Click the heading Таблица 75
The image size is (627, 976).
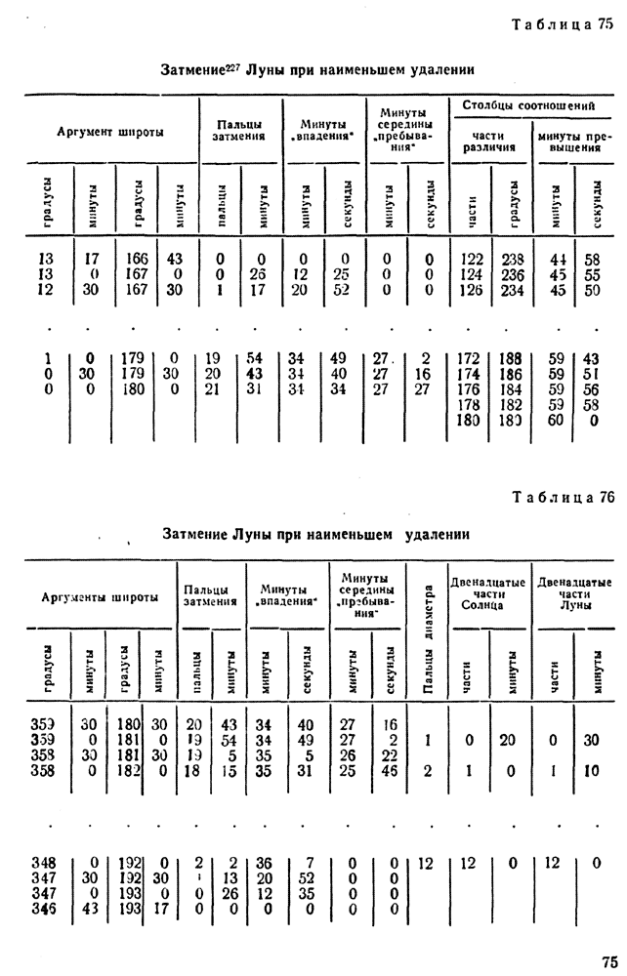(562, 25)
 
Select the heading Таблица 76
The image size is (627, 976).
(562, 497)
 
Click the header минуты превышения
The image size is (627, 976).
(568, 142)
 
